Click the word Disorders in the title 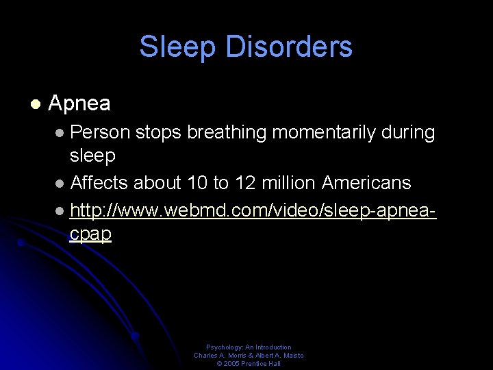click(288, 47)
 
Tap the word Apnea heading click(79, 103)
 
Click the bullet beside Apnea click(35, 104)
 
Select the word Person click(100, 132)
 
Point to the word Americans click(366, 183)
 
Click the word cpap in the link click(90, 234)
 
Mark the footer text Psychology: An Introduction click(249, 347)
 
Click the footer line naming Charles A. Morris click(249, 356)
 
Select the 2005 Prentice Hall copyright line click(249, 364)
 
